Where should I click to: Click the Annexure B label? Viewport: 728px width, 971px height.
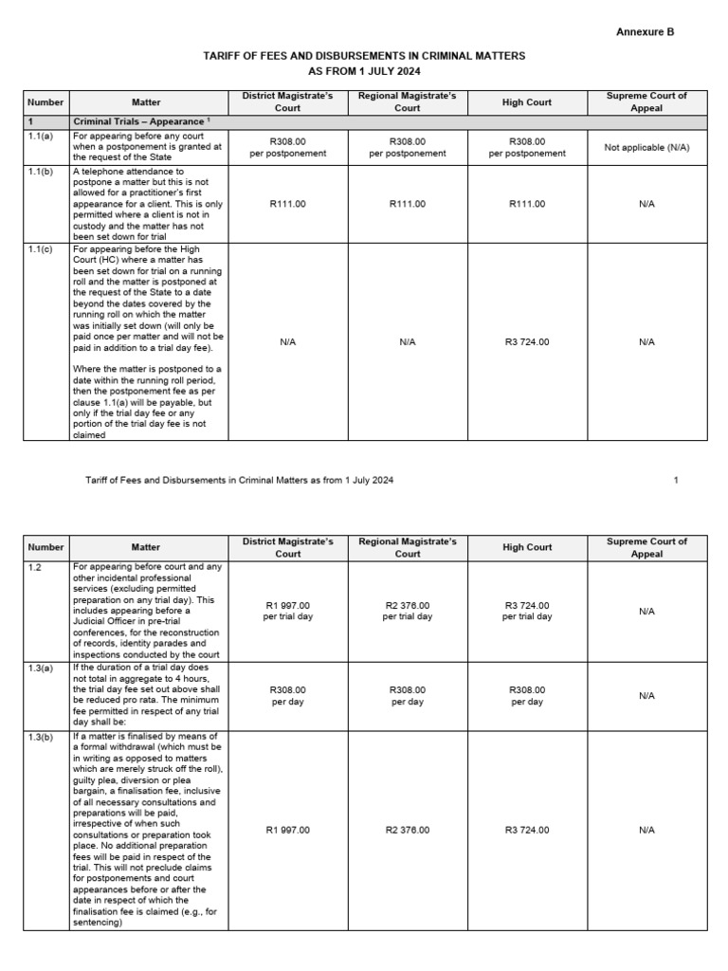point(646,31)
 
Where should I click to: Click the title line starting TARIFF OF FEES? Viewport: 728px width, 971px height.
point(364,57)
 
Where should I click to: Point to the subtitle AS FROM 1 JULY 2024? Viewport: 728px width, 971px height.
point(364,71)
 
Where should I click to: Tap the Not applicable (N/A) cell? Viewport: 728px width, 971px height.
point(646,148)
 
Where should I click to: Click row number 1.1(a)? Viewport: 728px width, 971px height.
point(41,137)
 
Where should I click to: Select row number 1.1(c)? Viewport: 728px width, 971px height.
point(41,249)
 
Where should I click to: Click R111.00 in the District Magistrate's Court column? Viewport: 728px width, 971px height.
point(288,204)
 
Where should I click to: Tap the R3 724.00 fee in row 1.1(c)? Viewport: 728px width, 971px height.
point(527,341)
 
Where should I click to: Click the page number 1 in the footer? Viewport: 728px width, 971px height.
point(676,480)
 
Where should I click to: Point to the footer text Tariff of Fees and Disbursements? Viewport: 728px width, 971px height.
point(239,480)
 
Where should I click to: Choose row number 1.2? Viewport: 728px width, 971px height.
point(34,567)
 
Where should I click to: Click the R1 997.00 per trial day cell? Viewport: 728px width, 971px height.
point(288,611)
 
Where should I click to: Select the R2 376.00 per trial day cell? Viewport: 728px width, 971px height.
point(408,611)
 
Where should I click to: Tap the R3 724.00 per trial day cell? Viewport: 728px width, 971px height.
point(527,611)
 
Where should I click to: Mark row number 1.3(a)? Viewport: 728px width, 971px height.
point(41,669)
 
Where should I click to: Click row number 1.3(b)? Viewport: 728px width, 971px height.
point(41,737)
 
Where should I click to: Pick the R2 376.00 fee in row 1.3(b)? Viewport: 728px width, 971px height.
point(408,830)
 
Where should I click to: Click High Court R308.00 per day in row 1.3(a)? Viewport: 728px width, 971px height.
point(527,696)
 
